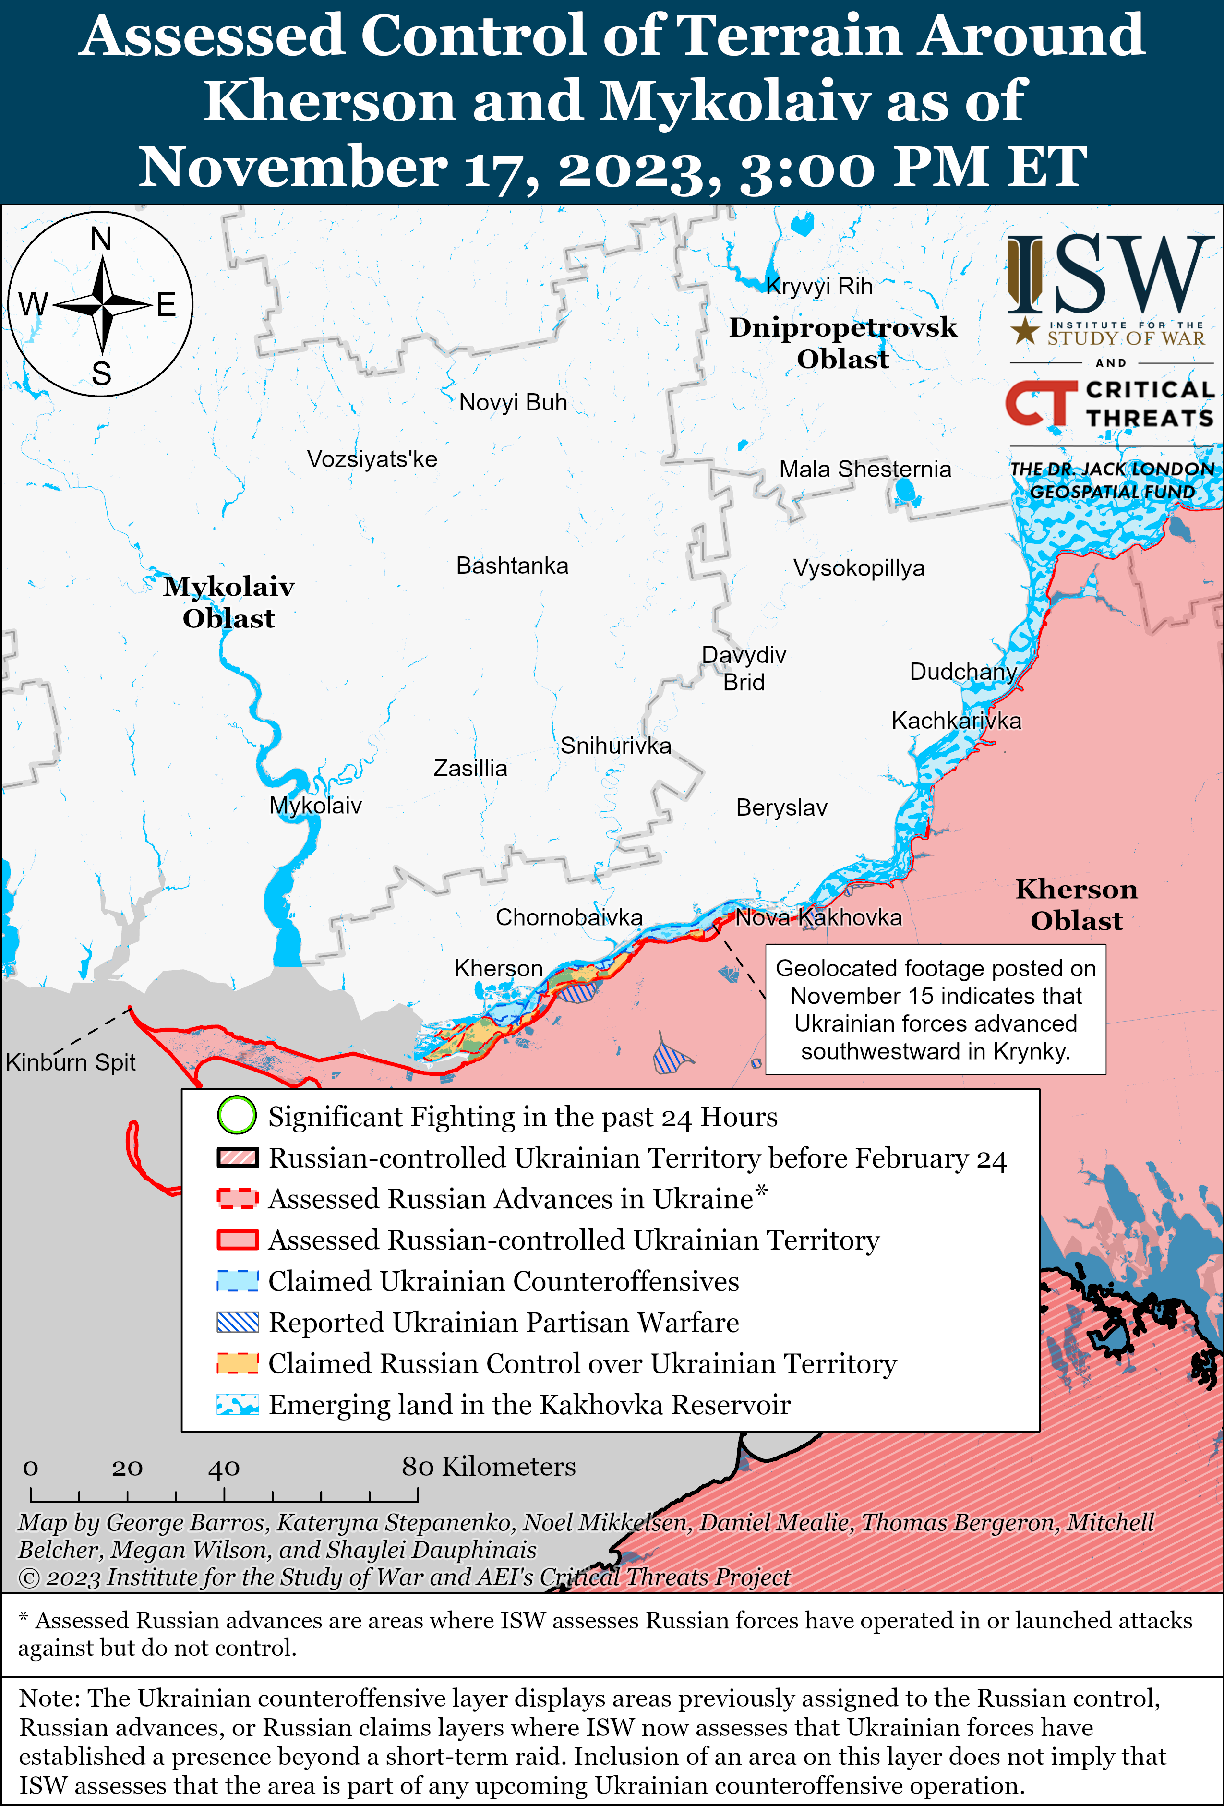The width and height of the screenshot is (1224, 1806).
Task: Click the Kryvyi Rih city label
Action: click(x=819, y=287)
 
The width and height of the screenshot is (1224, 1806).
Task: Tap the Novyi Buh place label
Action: click(x=513, y=403)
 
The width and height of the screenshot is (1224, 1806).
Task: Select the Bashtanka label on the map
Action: click(x=512, y=566)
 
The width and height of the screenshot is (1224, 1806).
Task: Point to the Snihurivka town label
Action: click(x=615, y=746)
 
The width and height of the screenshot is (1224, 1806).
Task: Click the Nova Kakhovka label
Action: click(x=818, y=918)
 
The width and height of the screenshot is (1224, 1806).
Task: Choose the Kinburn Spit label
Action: click(x=71, y=1062)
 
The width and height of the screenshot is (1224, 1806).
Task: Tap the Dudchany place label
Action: click(x=963, y=672)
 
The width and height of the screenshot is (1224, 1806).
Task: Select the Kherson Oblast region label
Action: click(x=1076, y=904)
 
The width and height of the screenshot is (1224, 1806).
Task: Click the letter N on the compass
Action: click(x=101, y=239)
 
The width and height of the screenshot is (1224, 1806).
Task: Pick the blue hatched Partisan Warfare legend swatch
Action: click(x=237, y=1322)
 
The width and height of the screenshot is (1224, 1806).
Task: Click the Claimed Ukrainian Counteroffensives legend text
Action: click(x=504, y=1281)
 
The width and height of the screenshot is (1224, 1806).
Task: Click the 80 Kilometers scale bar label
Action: click(x=489, y=1467)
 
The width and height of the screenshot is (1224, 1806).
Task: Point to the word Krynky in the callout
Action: click(x=1030, y=1051)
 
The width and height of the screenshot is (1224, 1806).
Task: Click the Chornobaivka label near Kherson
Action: click(x=569, y=918)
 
